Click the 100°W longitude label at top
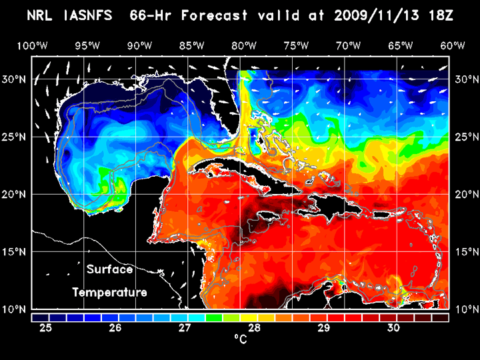click(x=31, y=46)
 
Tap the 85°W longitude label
click(x=192, y=46)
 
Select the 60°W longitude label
click(x=453, y=46)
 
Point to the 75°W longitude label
click(x=296, y=46)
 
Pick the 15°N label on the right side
click(x=464, y=251)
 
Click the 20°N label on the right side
click(x=464, y=194)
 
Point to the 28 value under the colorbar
click(x=255, y=327)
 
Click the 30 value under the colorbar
click(x=393, y=327)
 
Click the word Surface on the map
click(x=110, y=270)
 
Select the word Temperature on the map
click(x=110, y=292)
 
